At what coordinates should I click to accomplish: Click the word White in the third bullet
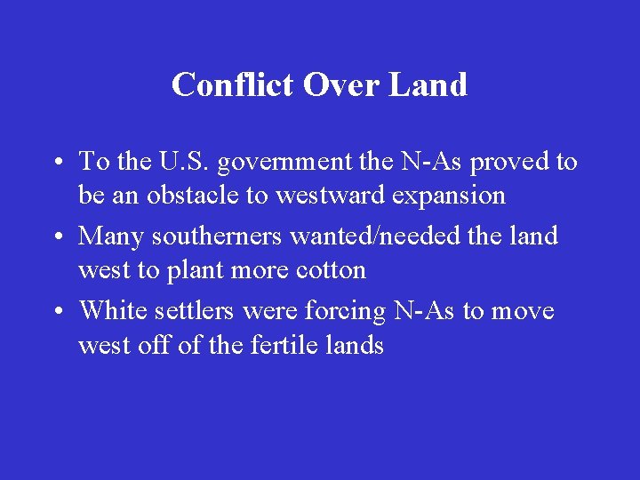coord(109,311)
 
